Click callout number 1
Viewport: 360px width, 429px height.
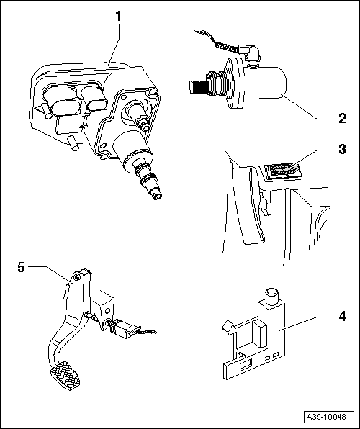118,17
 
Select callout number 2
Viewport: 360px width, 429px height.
342,119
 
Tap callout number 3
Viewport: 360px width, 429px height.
342,149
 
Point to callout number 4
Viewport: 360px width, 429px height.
342,316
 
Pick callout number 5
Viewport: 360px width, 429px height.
21,267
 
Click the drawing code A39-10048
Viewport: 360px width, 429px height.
326,417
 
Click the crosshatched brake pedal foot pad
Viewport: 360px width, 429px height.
66,376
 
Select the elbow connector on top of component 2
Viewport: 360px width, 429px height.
251,54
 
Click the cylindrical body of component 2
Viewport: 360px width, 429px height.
264,83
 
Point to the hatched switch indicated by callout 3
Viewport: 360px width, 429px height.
281,171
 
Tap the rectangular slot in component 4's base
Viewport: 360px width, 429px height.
246,366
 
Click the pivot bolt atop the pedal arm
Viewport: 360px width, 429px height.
76,277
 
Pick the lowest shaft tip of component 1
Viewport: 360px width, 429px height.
158,195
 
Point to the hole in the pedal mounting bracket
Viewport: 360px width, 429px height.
107,310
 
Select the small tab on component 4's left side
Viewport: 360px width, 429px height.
228,327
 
